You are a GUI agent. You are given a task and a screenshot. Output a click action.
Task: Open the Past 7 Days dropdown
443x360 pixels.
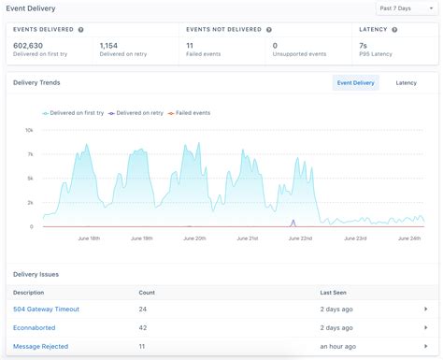pyautogui.click(x=406, y=8)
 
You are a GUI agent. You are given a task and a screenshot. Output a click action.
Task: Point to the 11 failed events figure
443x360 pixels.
pyautogui.click(x=190, y=44)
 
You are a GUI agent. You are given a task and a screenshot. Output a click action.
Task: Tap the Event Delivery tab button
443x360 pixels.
pyautogui.click(x=355, y=83)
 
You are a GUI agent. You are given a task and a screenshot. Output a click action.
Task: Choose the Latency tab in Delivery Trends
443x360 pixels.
pyautogui.click(x=407, y=83)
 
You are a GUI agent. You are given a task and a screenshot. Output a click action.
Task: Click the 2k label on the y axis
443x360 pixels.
pyautogui.click(x=29, y=202)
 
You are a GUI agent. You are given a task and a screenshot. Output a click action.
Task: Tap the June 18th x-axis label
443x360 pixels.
pyautogui.click(x=89, y=238)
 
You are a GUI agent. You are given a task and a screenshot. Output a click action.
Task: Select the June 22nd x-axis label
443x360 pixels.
pyautogui.click(x=301, y=238)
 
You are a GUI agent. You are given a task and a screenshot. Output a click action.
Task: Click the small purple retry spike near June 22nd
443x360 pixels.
pyautogui.click(x=293, y=223)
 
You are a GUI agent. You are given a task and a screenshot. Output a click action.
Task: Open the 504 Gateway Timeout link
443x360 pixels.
pyautogui.click(x=46, y=309)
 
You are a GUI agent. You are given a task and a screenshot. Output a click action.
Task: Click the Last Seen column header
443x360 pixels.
pyautogui.click(x=334, y=291)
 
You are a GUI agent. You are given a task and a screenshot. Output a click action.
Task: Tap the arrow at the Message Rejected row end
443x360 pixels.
pyautogui.click(x=425, y=347)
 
